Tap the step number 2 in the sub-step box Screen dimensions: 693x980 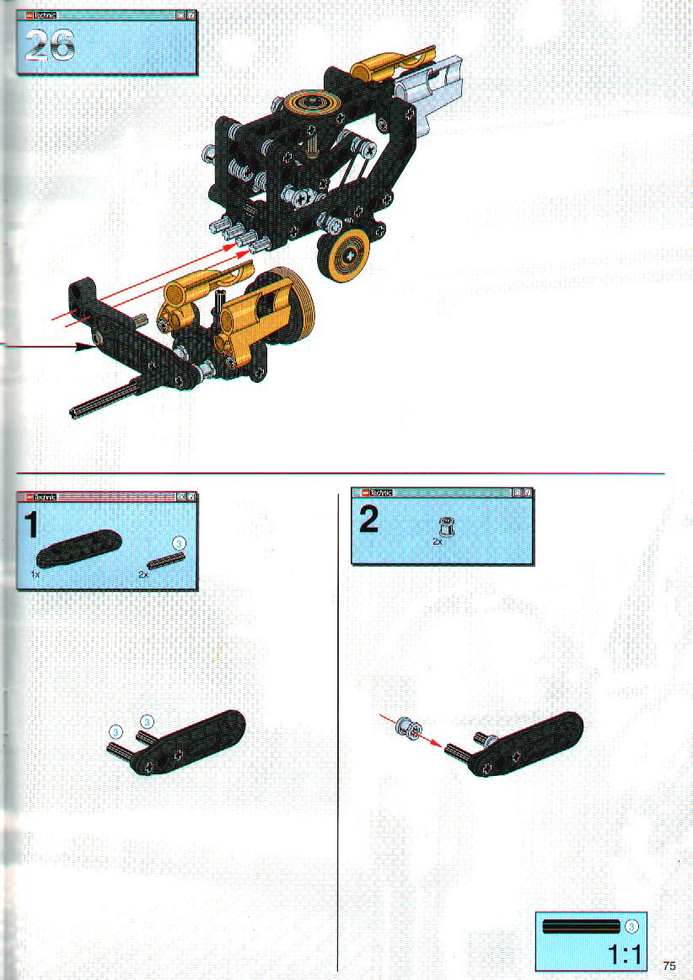[368, 520]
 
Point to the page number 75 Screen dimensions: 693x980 [669, 966]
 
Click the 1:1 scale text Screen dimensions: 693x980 [624, 955]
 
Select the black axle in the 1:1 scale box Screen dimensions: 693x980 [582, 926]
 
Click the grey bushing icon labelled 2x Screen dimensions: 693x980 [446, 526]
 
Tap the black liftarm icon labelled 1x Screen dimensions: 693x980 [78, 548]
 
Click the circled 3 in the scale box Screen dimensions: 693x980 [631, 926]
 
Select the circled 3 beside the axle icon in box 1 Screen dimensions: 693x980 [180, 543]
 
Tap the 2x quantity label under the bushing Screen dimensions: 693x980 [438, 542]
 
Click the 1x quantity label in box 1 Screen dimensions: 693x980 [35, 573]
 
